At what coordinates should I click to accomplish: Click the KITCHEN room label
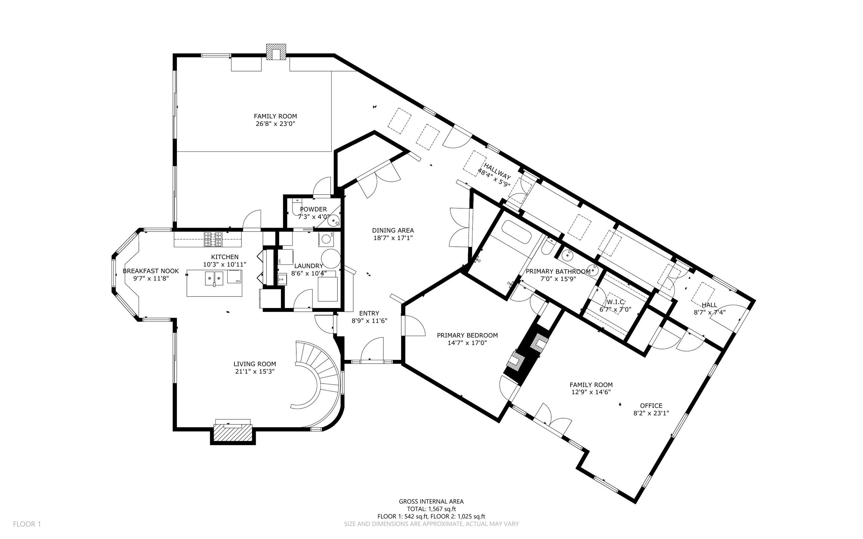[x=224, y=257]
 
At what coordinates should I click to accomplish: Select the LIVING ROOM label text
[x=254, y=364]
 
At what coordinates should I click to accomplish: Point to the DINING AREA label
[x=393, y=230]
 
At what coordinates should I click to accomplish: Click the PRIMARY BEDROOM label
[x=467, y=335]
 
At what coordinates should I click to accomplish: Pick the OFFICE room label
[x=651, y=406]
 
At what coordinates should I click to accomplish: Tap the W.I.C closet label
[x=615, y=302]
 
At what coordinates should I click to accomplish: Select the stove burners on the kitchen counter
[x=213, y=239]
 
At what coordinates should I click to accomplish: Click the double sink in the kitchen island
[x=214, y=278]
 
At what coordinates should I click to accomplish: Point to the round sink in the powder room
[x=334, y=221]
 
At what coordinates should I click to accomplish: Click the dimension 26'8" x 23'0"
[x=275, y=124]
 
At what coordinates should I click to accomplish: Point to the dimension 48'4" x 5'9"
[x=494, y=177]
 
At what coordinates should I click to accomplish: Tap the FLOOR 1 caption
[x=27, y=524]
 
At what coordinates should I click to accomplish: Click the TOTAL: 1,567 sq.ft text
[x=431, y=509]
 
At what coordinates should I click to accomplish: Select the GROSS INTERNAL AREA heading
[x=431, y=501]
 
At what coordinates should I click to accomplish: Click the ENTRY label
[x=369, y=313]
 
